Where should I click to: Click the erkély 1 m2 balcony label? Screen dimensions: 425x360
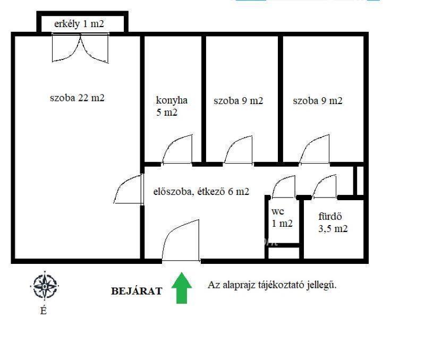click(x=79, y=24)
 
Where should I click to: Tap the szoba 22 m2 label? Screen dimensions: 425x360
click(x=77, y=98)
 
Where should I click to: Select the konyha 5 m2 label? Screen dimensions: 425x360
click(x=172, y=106)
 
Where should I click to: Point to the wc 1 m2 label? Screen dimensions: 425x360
click(x=282, y=218)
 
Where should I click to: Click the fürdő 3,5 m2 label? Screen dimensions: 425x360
click(x=333, y=222)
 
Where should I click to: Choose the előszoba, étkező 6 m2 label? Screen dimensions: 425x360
click(x=201, y=192)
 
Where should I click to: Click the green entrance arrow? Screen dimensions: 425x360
click(x=182, y=288)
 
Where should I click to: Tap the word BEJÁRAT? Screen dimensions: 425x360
click(x=137, y=291)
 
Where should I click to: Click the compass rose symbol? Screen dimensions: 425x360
click(x=45, y=286)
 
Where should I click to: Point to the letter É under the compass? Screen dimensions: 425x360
click(x=44, y=311)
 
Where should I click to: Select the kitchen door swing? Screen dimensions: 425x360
click(x=177, y=150)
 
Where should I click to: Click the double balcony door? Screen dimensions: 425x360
click(x=80, y=48)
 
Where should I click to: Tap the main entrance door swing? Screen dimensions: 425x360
click(x=181, y=241)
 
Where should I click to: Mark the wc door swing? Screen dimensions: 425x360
click(x=283, y=187)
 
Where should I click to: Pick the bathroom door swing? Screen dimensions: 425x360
click(x=324, y=187)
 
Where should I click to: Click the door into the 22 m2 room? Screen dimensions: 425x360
click(x=128, y=189)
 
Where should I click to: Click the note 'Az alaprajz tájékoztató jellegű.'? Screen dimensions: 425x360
click(x=272, y=285)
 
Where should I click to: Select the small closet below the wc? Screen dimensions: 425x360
click(x=284, y=252)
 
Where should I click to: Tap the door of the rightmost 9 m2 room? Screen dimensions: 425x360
click(x=314, y=149)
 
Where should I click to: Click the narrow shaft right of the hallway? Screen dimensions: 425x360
click(x=360, y=181)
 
